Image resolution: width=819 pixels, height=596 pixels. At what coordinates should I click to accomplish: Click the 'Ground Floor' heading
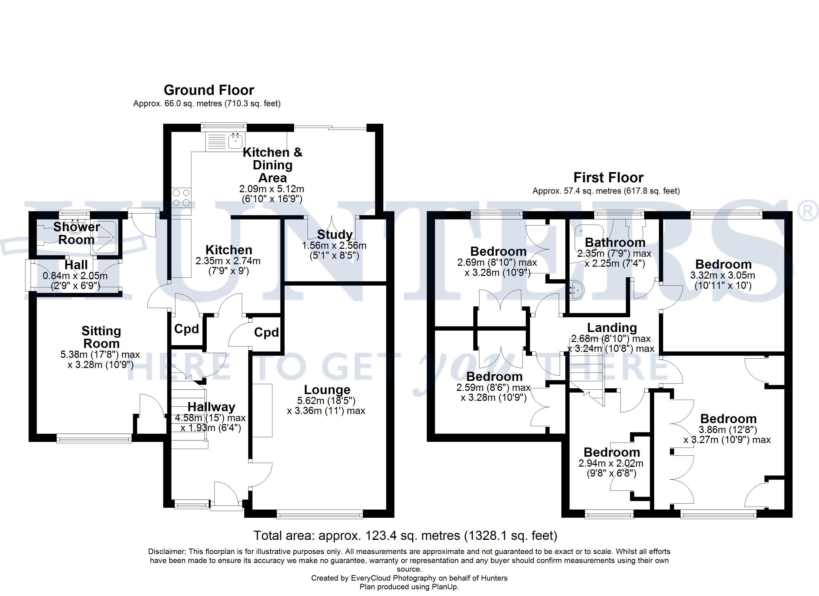point(209,90)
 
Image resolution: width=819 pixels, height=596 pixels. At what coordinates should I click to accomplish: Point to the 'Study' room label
point(334,235)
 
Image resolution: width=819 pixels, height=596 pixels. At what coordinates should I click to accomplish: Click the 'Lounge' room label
point(327,390)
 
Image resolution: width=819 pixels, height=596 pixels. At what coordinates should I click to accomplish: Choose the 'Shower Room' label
point(76,233)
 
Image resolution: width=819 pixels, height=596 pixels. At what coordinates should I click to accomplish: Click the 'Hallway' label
point(211,407)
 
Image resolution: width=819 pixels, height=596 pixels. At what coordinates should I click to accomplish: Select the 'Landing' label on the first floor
point(612,328)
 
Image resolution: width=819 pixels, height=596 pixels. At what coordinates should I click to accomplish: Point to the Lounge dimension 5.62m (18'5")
point(326,401)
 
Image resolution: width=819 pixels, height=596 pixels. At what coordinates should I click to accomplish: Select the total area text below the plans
point(405,535)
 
